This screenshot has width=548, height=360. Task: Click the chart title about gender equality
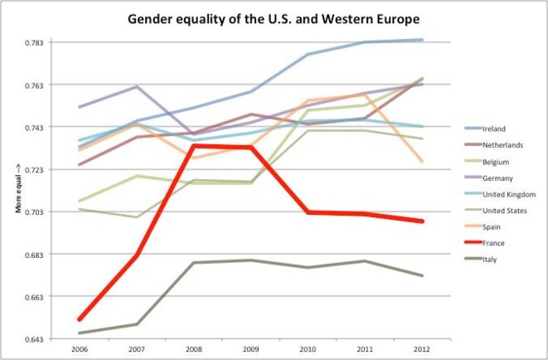(x=270, y=17)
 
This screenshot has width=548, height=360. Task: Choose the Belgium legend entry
(x=495, y=162)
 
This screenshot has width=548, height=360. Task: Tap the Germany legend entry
(x=497, y=178)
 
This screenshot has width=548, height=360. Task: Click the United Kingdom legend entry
(x=507, y=194)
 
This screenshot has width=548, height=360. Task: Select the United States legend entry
(x=505, y=211)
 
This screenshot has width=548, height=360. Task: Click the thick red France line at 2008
(x=193, y=146)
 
